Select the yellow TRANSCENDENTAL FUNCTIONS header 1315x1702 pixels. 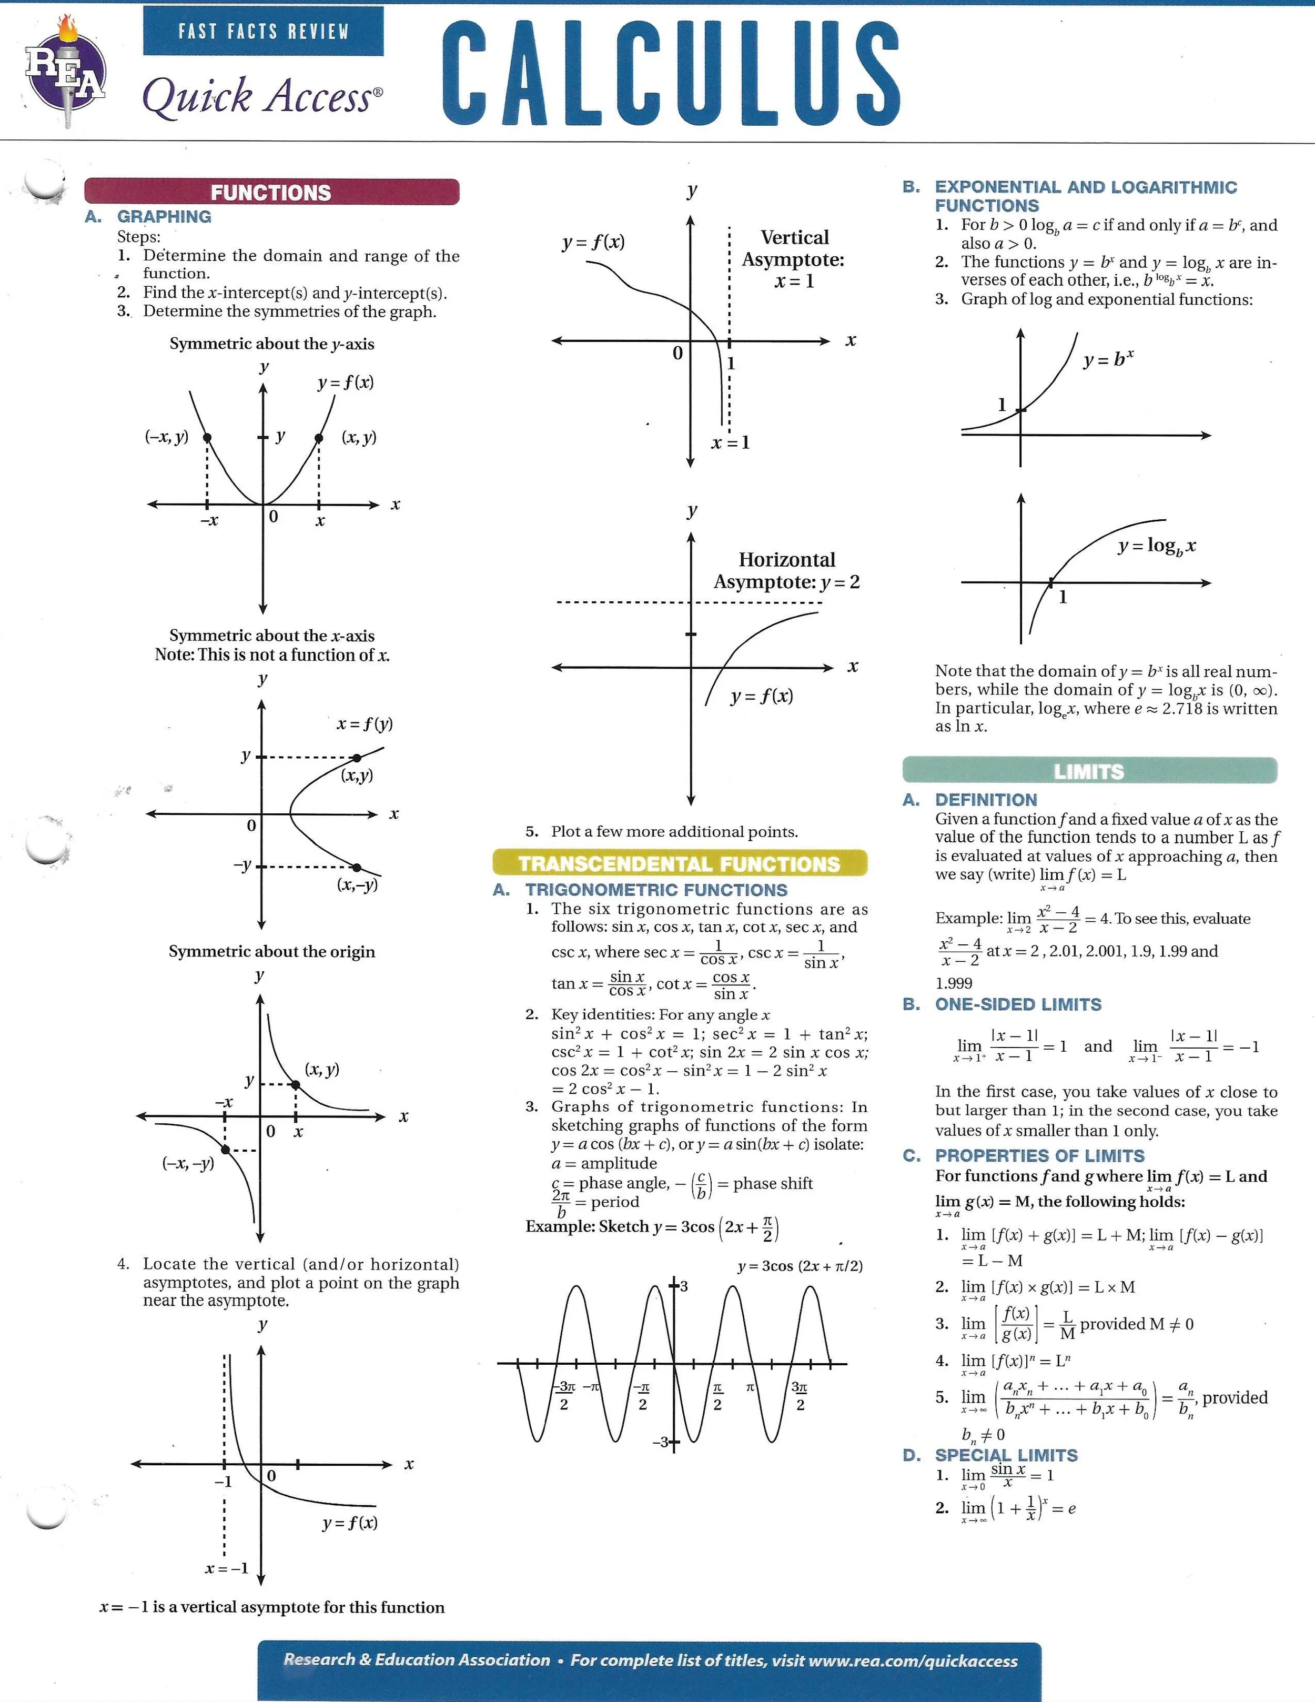pyautogui.click(x=679, y=863)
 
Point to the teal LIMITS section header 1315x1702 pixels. pyautogui.click(x=1089, y=771)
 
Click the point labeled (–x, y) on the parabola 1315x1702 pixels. pyautogui.click(x=207, y=438)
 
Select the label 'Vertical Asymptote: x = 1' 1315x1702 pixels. pyautogui.click(x=794, y=259)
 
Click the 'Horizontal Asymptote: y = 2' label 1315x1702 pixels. pyautogui.click(x=787, y=570)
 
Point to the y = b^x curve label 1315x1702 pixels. pyautogui.click(x=1108, y=359)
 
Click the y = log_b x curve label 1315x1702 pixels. pyautogui.click(x=1156, y=546)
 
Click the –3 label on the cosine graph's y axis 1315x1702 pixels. pyautogui.click(x=661, y=1442)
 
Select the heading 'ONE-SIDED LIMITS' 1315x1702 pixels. pyautogui.click(x=1018, y=1004)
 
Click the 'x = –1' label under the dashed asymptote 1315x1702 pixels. pyautogui.click(x=227, y=1568)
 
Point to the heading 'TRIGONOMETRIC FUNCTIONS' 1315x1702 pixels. pyautogui.click(x=656, y=890)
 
